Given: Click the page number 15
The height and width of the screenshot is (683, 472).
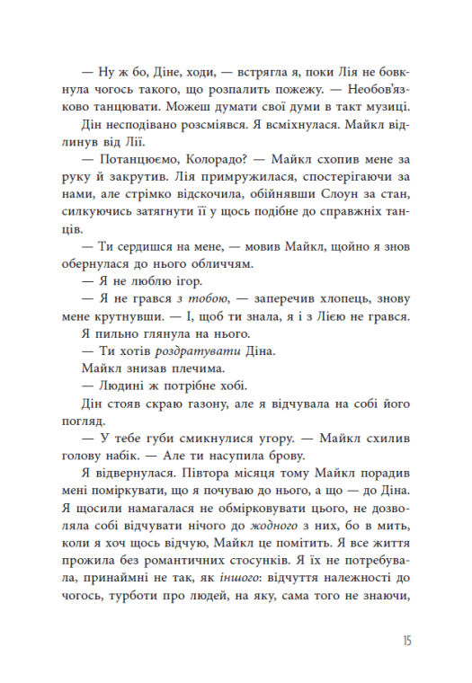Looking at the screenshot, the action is pos(406,642).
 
